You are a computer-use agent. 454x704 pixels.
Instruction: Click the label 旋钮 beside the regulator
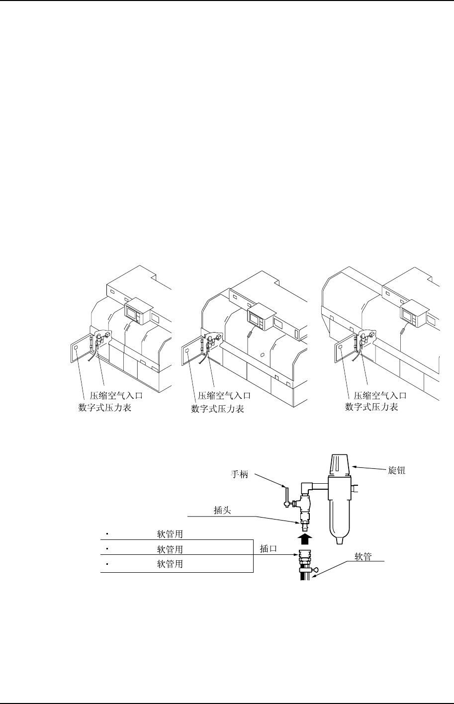396,469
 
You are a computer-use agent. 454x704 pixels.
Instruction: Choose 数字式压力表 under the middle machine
217,409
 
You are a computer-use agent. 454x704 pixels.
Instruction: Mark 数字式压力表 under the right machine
372,408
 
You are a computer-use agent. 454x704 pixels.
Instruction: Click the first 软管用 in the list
170,534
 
